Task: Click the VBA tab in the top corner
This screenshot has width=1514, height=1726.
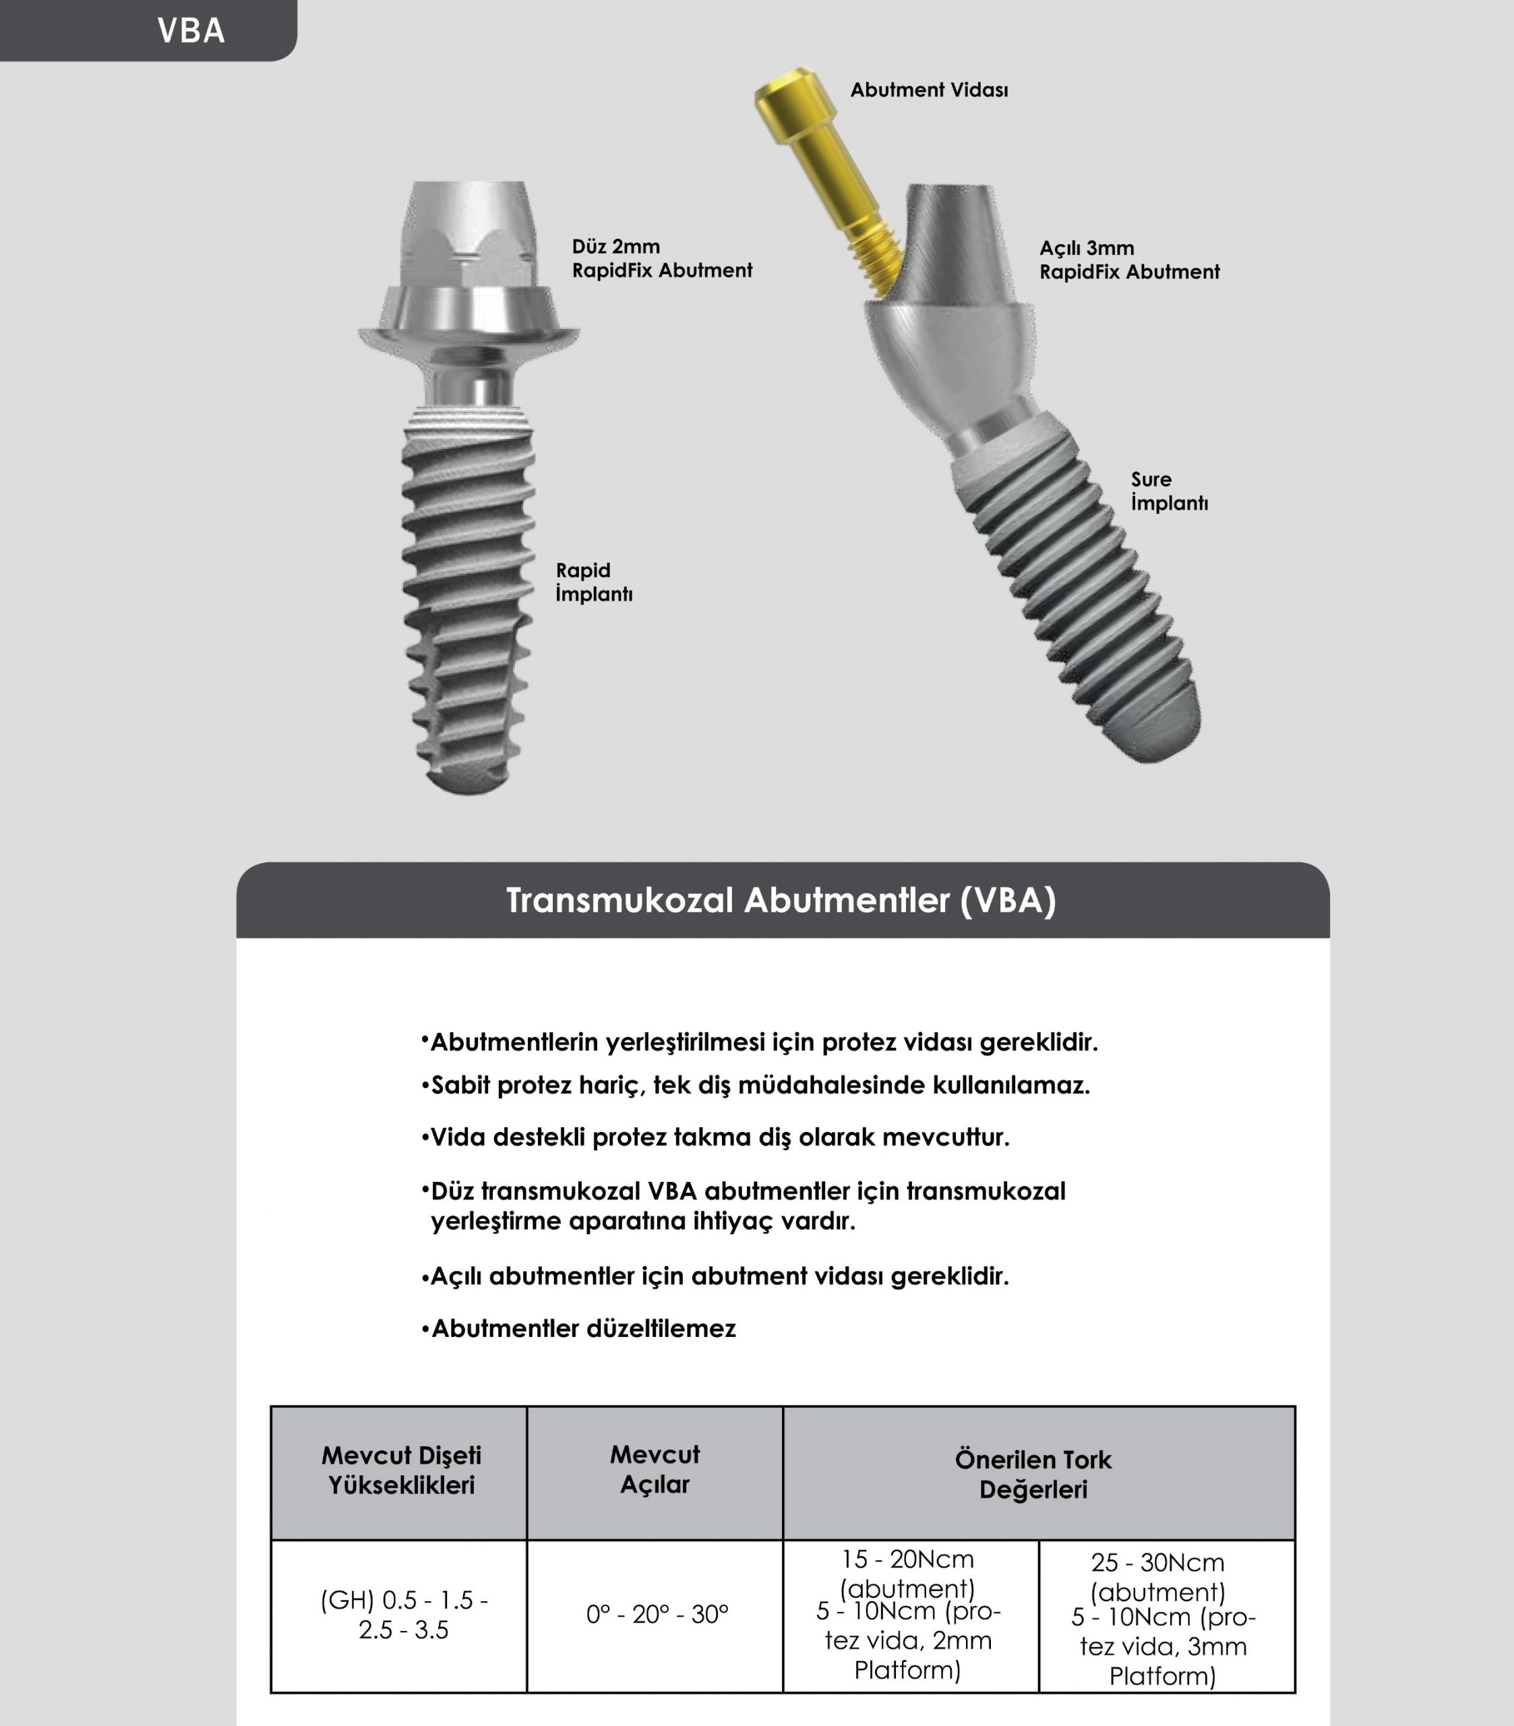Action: (191, 31)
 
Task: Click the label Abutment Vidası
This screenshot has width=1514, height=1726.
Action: (929, 90)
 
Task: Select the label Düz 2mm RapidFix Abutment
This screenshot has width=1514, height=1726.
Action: (661, 258)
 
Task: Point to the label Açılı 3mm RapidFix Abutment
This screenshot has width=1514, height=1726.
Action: (1129, 260)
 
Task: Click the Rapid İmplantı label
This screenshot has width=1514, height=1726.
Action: (594, 582)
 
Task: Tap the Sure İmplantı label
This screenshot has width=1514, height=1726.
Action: (1169, 491)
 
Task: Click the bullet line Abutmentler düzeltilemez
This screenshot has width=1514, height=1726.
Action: (582, 1328)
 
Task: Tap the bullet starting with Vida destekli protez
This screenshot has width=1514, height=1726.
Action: (719, 1137)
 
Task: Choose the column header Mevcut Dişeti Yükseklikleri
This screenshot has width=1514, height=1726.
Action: (401, 1470)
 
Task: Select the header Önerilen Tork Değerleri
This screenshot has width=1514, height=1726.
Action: (1033, 1475)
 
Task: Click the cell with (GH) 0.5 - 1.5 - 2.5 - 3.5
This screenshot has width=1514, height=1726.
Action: (404, 1615)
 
